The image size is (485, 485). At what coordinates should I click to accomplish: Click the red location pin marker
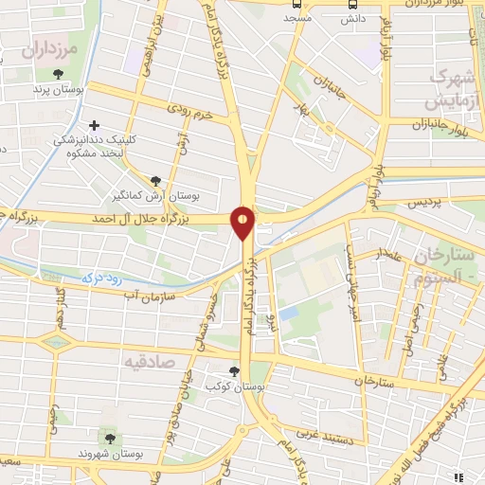[243, 221]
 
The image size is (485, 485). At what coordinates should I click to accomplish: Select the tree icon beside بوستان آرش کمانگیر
[154, 181]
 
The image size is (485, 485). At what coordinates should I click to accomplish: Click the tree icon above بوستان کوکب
[235, 370]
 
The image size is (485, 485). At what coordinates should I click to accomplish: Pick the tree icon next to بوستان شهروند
[110, 439]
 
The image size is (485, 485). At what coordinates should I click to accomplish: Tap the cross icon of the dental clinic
[94, 125]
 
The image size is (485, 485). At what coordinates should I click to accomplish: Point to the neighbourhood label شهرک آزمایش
[449, 88]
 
